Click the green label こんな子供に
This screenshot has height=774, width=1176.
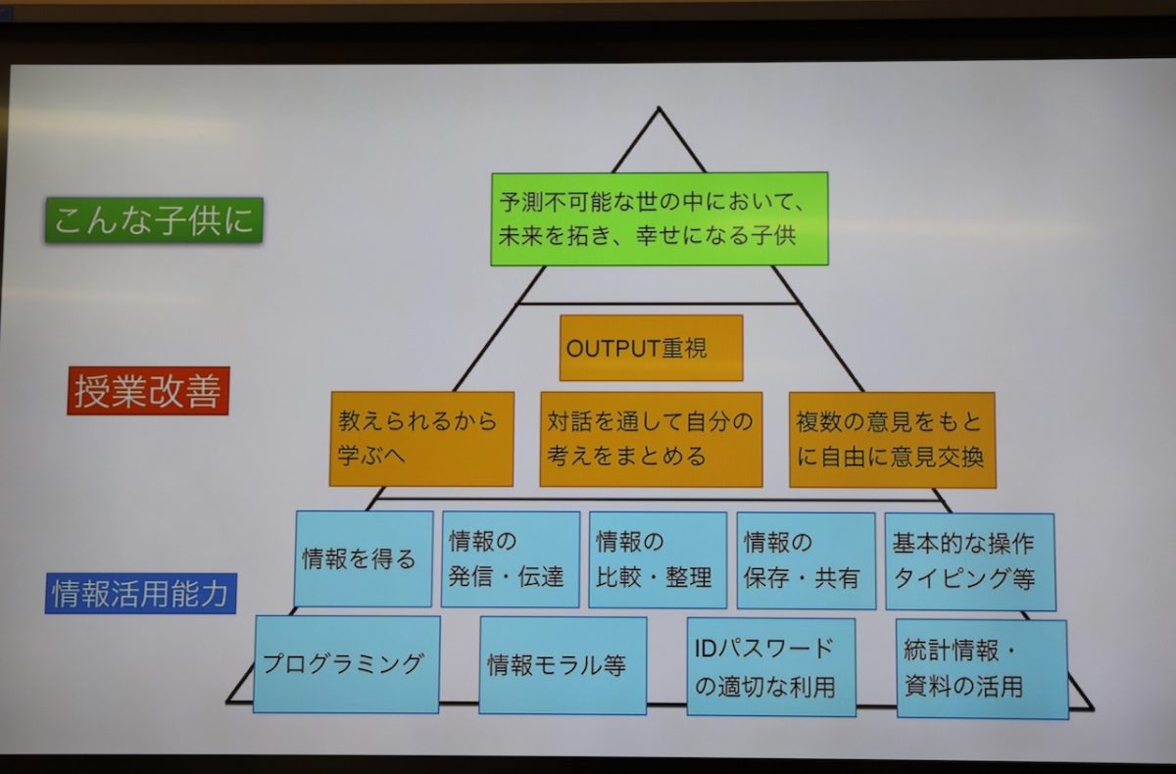(154, 219)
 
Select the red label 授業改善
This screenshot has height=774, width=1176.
(148, 391)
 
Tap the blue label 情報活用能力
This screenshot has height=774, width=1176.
(141, 594)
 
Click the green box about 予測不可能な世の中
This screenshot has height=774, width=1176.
(660, 218)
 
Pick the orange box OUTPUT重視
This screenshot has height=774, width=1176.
(651, 348)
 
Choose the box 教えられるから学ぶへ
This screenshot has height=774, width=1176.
(421, 439)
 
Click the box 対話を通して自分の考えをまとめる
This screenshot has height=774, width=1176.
(651, 439)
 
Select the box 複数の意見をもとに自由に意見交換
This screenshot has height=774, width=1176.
(893, 440)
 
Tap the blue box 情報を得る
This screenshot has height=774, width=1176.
(364, 558)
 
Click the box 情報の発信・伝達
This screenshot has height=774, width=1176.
(511, 559)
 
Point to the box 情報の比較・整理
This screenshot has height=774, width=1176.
(658, 559)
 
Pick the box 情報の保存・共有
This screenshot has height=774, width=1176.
(807, 561)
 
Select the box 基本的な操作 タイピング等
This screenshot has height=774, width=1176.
(970, 562)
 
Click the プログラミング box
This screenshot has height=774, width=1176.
(347, 664)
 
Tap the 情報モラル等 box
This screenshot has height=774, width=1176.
(563, 665)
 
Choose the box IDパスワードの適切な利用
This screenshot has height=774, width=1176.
(771, 667)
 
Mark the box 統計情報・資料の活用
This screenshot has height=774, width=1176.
(982, 669)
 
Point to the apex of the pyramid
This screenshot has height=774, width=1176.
(659, 108)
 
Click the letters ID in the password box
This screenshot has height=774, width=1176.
(706, 650)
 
